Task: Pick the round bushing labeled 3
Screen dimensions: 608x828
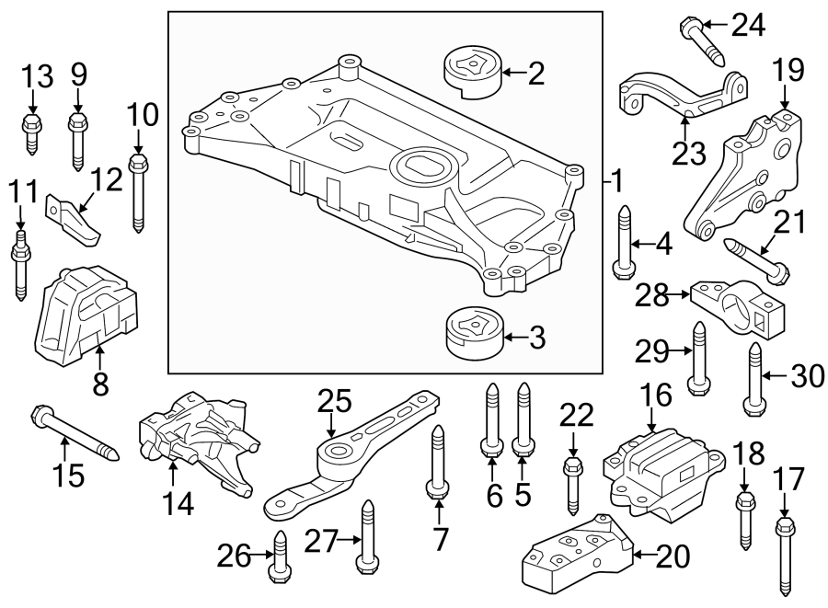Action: click(x=470, y=337)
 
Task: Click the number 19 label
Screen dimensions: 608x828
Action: click(x=788, y=69)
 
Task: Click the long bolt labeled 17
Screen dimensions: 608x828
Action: click(x=785, y=558)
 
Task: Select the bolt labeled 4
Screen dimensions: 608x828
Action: click(x=622, y=241)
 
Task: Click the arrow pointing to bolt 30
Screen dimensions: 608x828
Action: click(x=776, y=375)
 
